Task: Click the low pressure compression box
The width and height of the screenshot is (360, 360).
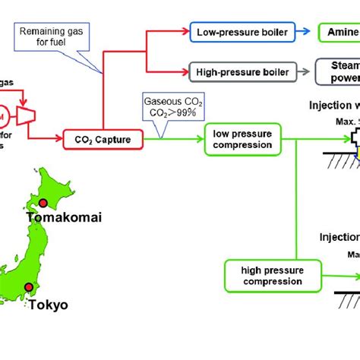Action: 242,139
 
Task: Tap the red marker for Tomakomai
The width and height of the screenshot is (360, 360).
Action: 43,203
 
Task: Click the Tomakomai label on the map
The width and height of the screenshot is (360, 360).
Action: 64,218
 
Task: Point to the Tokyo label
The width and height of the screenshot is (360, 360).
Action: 49,305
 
